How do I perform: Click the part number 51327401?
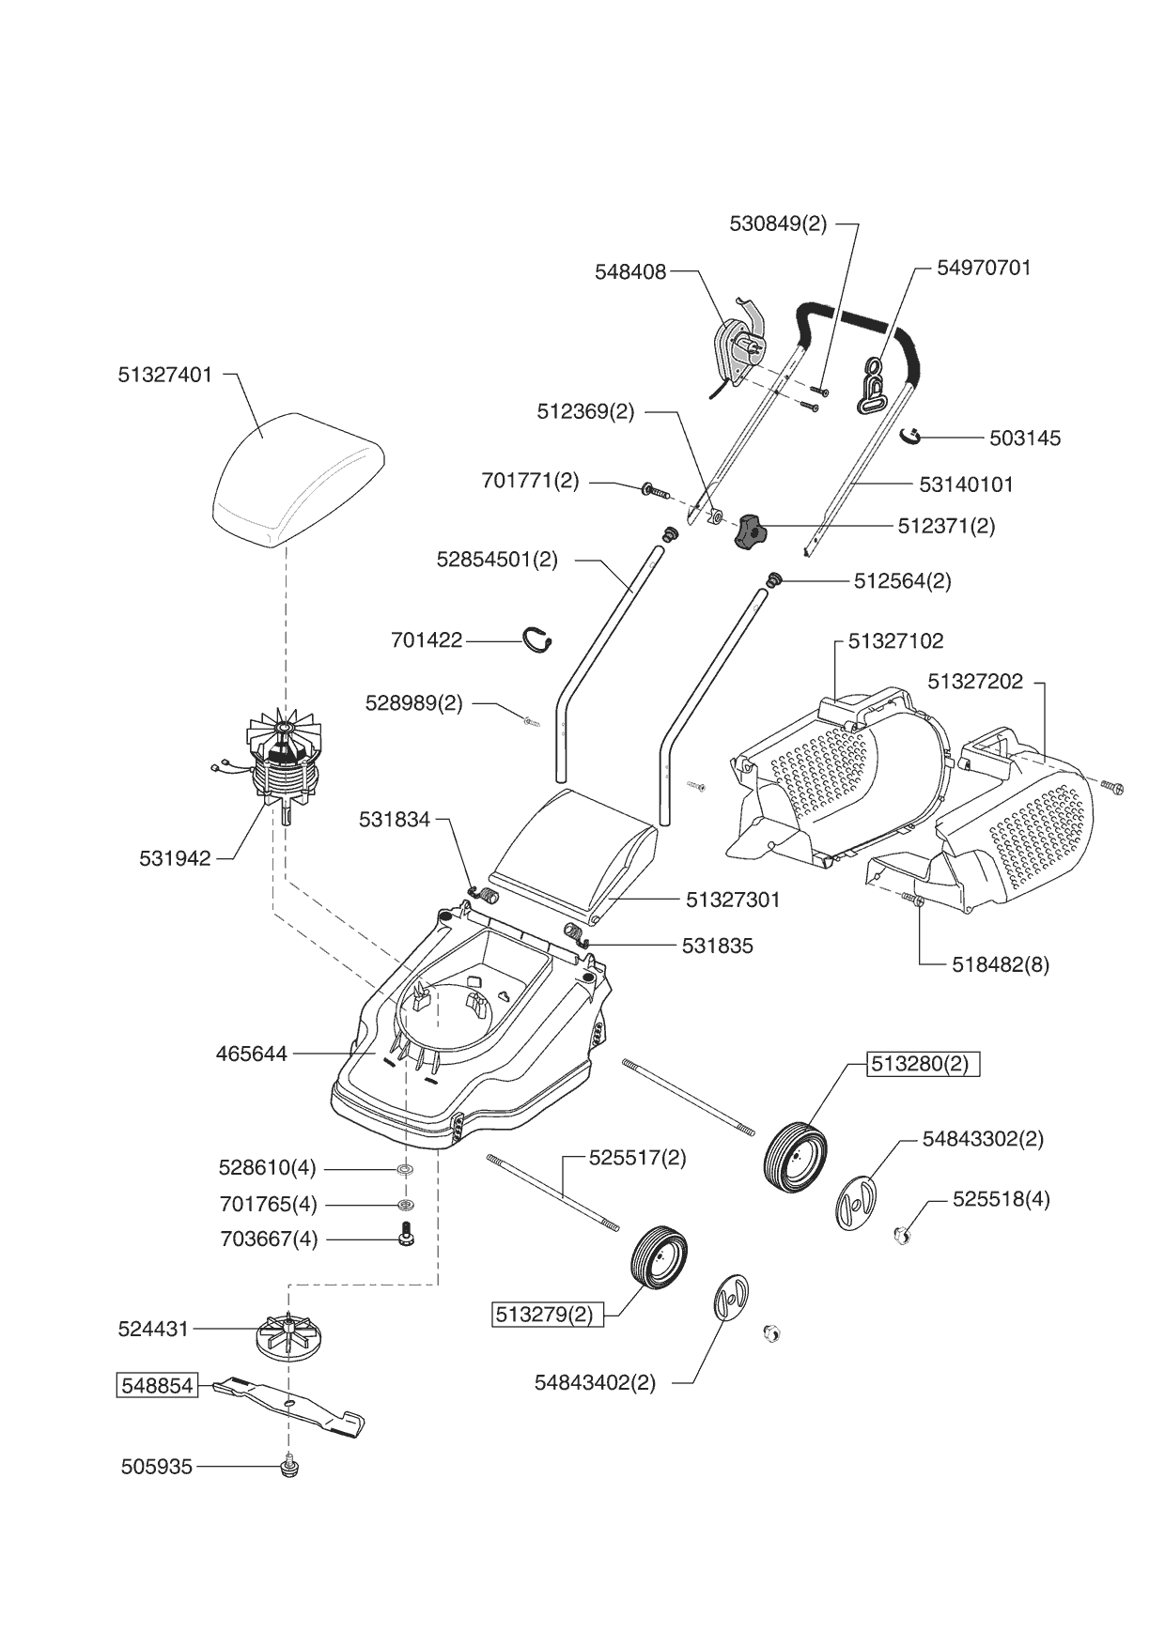pyautogui.click(x=165, y=375)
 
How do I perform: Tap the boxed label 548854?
pyautogui.click(x=157, y=1385)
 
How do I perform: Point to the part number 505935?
pyautogui.click(x=156, y=1467)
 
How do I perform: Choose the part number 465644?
pyautogui.click(x=252, y=1054)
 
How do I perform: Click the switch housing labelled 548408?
pyautogui.click(x=738, y=347)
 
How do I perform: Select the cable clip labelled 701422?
pyautogui.click(x=538, y=638)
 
